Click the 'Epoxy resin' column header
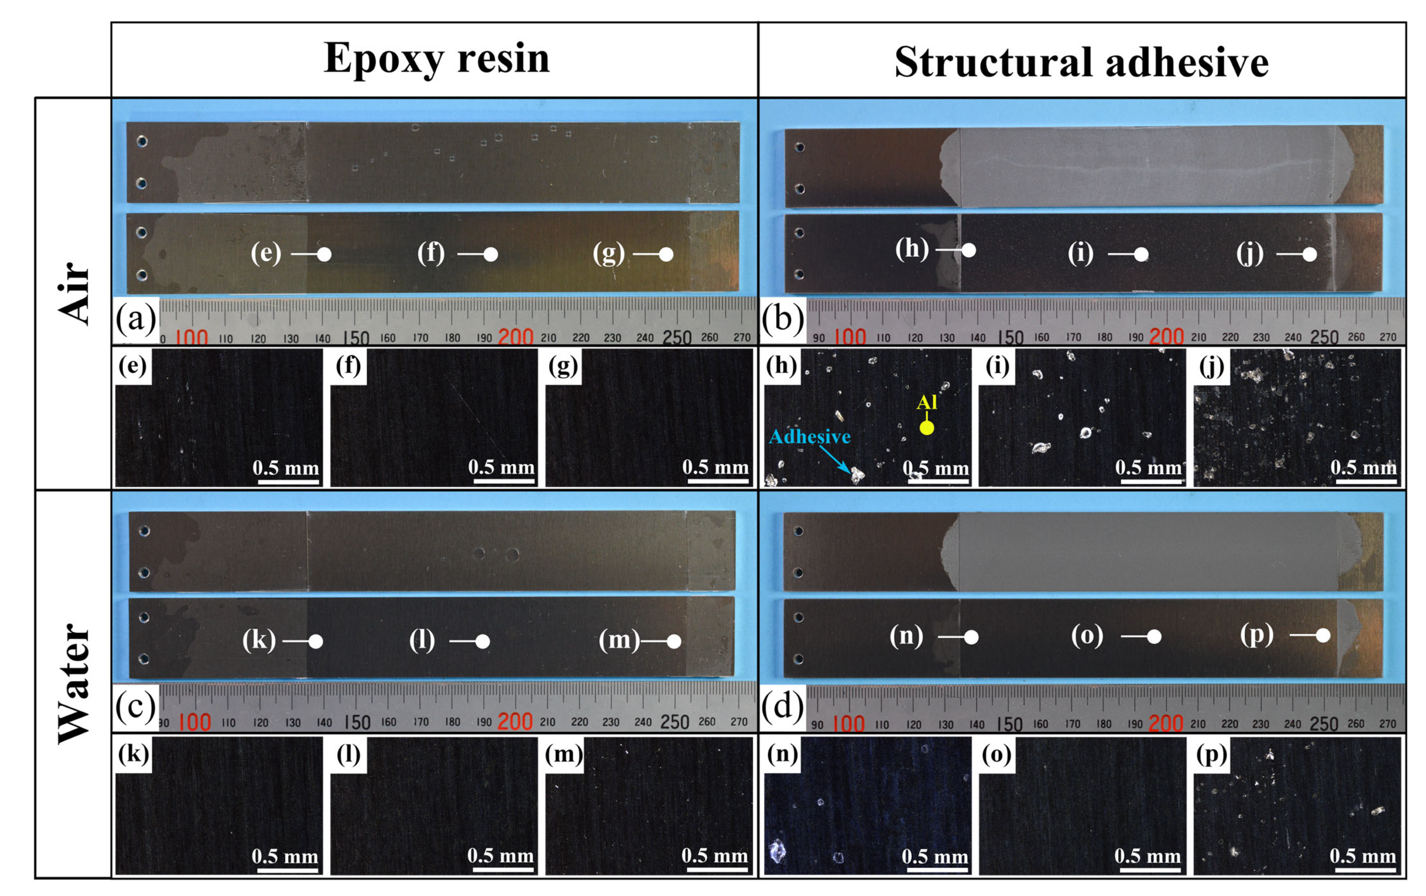(x=436, y=59)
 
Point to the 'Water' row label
(x=74, y=684)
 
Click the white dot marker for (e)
(x=324, y=255)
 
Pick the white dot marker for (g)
(x=666, y=255)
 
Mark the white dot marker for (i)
(x=1141, y=255)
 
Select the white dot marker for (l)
(x=483, y=641)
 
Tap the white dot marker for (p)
(x=1324, y=635)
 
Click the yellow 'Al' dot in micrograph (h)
(x=927, y=427)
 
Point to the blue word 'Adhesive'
(x=809, y=437)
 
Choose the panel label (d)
(x=782, y=706)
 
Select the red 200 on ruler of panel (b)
(x=1166, y=337)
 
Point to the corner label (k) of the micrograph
(x=133, y=754)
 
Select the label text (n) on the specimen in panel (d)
(x=906, y=636)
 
